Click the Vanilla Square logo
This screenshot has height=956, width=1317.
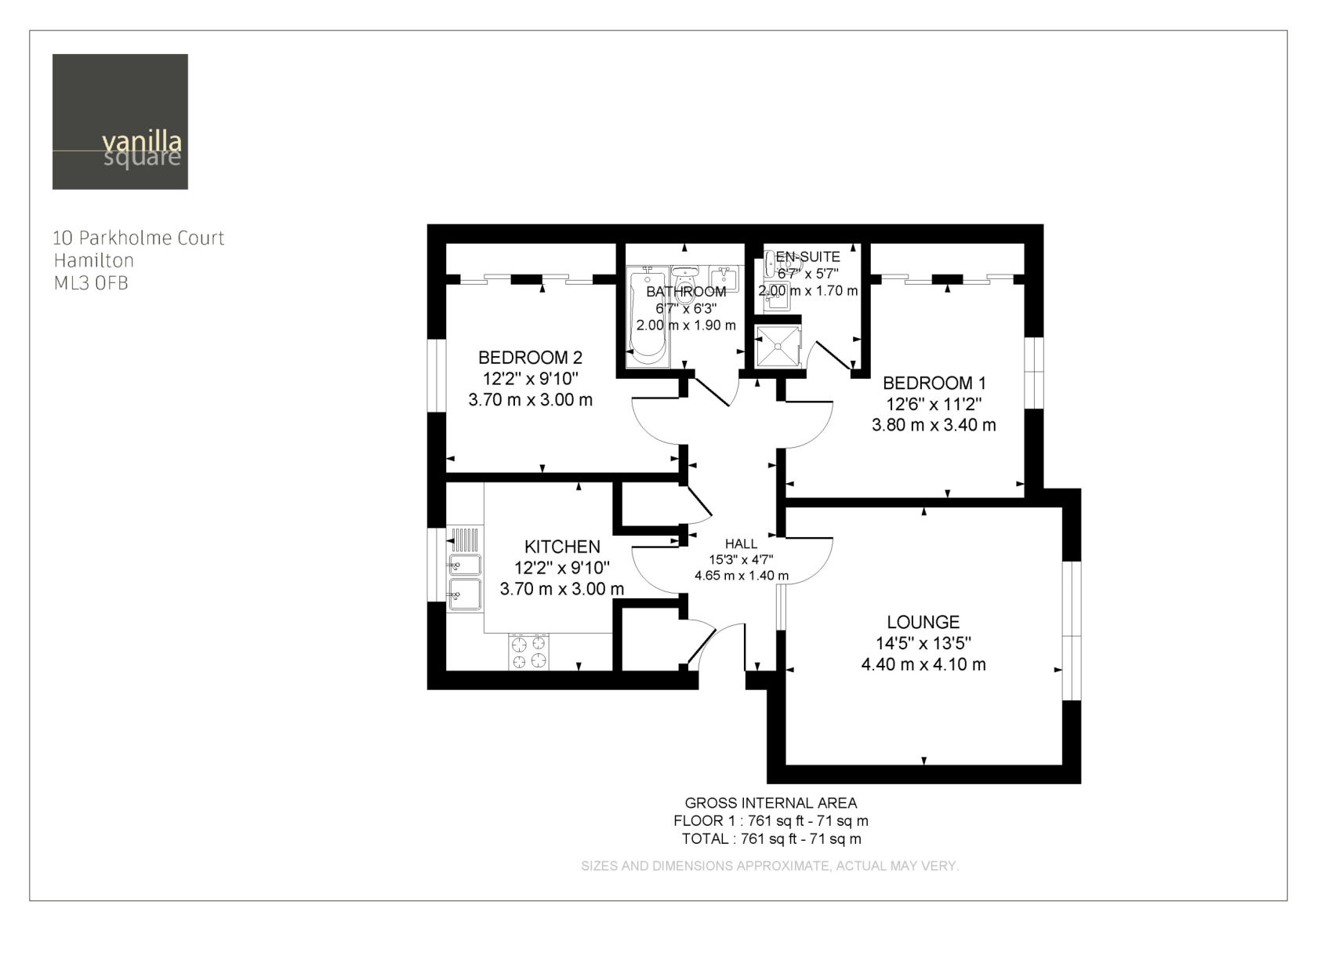[120, 122]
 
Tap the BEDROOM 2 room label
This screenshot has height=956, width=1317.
[530, 357]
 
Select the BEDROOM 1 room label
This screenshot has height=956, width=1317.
[934, 383]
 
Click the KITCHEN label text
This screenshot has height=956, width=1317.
[563, 547]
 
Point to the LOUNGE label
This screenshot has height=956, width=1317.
[923, 622]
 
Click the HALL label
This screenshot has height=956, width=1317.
[742, 543]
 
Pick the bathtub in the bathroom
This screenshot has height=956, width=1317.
[648, 317]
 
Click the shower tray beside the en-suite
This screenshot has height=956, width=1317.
[778, 346]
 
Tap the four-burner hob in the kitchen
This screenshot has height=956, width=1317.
[528, 652]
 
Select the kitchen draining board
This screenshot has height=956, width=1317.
[464, 539]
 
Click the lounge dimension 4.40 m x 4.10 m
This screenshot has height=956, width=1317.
[923, 664]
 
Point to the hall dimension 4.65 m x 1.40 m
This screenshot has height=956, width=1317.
[742, 576]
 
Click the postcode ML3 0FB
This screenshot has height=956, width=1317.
[91, 283]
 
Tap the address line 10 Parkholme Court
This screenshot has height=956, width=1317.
[139, 238]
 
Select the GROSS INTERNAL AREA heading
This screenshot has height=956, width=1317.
[771, 802]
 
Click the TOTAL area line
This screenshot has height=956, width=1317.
[771, 839]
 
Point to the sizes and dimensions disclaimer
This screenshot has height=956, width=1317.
[770, 865]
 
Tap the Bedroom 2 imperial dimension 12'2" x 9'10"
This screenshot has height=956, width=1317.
[530, 378]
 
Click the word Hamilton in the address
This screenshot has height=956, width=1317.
[94, 260]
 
